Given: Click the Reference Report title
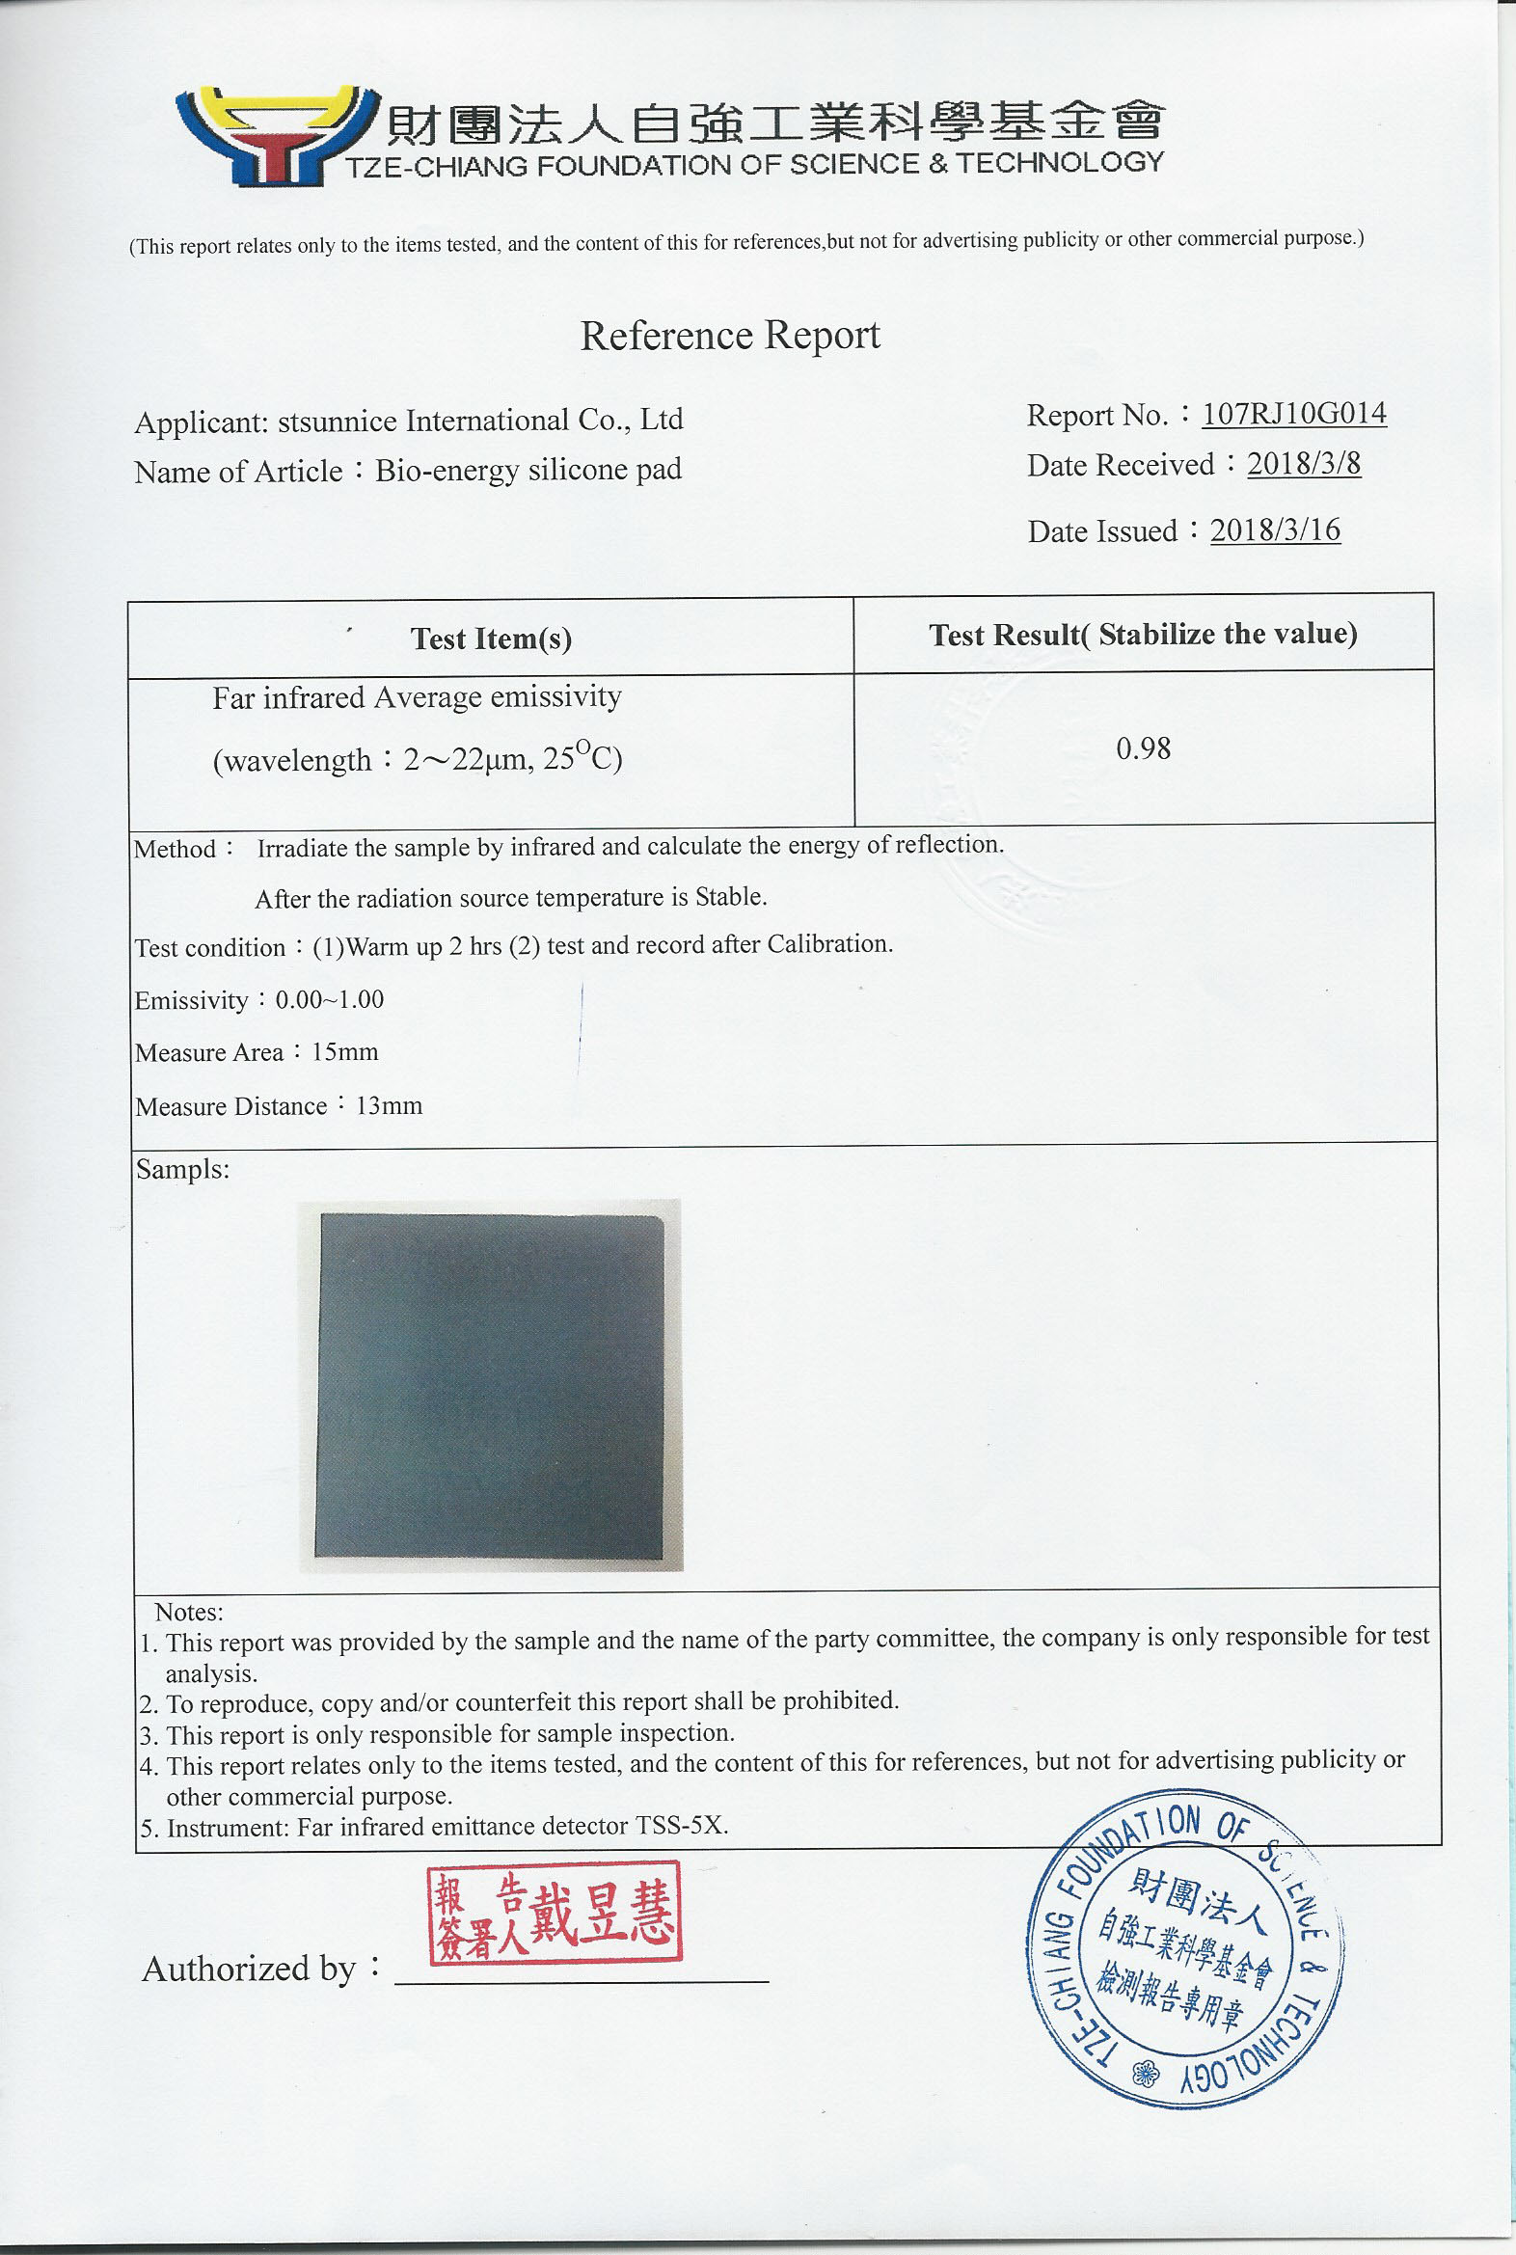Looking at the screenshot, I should pyautogui.click(x=730, y=336).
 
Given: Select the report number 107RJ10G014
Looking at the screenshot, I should pyautogui.click(x=1293, y=414).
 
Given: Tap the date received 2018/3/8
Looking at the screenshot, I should pyautogui.click(x=1303, y=464).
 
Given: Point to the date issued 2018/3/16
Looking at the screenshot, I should pyautogui.click(x=1275, y=530).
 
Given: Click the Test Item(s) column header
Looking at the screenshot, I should pyautogui.click(x=491, y=638).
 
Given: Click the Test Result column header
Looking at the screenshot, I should pyautogui.click(x=1143, y=635).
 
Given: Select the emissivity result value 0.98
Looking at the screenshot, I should pyautogui.click(x=1143, y=748).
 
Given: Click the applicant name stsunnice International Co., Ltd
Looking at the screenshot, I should pyautogui.click(x=480, y=421).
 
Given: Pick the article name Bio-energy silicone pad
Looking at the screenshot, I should pyautogui.click(x=528, y=470).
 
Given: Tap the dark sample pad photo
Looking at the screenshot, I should pyautogui.click(x=490, y=1385).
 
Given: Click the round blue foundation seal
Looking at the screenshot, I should pyautogui.click(x=1185, y=1949).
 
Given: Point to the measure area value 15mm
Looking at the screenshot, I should pyautogui.click(x=345, y=1052).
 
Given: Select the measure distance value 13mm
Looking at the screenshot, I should pyautogui.click(x=389, y=1105).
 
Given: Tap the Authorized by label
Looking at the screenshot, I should pyautogui.click(x=250, y=1969).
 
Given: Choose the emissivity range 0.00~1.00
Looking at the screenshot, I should pyautogui.click(x=330, y=1000).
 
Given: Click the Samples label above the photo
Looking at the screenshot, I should pyautogui.click(x=182, y=1170).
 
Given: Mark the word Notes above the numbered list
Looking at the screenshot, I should pyautogui.click(x=189, y=1612).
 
